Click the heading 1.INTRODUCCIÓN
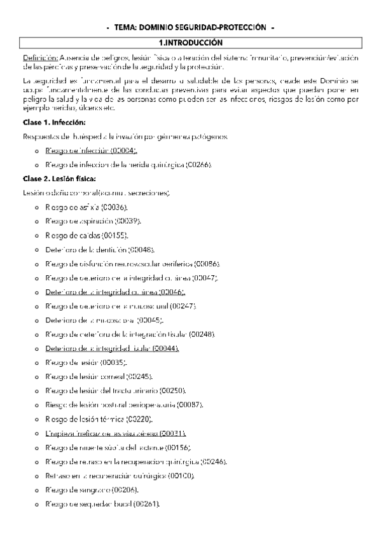coord(191,43)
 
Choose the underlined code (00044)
coord(165,348)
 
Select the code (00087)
coord(190,405)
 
